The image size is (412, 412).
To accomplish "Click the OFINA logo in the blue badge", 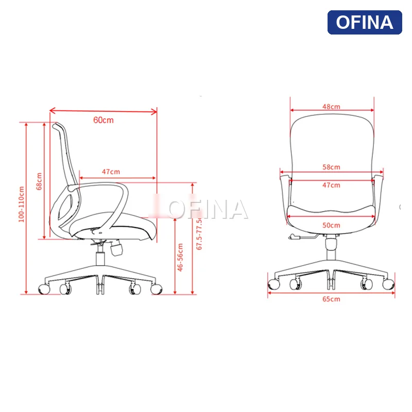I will click(x=365, y=22).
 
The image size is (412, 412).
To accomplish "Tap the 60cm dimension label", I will click(x=103, y=120).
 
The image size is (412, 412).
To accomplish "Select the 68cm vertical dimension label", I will click(x=39, y=181).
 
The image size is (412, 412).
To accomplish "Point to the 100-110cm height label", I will click(x=21, y=204).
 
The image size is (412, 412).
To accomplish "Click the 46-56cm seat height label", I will click(x=180, y=257).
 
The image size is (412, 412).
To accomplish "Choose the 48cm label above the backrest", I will click(x=331, y=107).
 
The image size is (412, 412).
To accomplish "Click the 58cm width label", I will click(x=331, y=167).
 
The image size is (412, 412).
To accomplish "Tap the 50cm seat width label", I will click(x=331, y=225).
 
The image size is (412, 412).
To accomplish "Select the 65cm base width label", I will click(x=331, y=299).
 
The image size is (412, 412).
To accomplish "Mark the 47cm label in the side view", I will click(x=111, y=171).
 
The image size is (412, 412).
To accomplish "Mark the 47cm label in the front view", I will click(x=331, y=185).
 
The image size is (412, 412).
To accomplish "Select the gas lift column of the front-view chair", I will click(x=331, y=250).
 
